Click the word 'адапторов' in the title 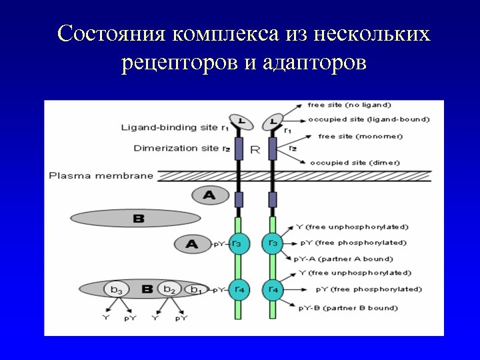(314, 63)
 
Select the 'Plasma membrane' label (101, 176)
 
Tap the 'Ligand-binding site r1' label (175, 127)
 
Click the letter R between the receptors (255, 151)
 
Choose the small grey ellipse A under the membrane (209, 195)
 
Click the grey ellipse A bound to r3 (192, 245)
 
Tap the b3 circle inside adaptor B (117, 290)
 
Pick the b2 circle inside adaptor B (169, 289)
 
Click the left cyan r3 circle (237, 244)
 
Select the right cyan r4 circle (273, 289)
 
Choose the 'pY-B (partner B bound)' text (348, 308)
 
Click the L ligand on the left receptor (237, 122)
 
